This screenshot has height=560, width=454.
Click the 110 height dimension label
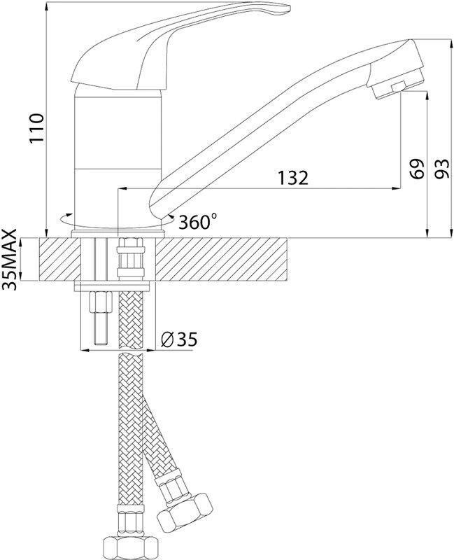pyautogui.click(x=37, y=127)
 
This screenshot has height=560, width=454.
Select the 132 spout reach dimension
pyautogui.click(x=292, y=178)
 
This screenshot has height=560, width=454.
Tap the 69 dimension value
pyautogui.click(x=417, y=168)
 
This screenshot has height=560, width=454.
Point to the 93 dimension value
pyautogui.click(x=443, y=168)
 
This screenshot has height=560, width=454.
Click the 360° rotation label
pyautogui.click(x=198, y=222)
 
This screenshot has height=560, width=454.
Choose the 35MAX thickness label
pyautogui.click(x=10, y=259)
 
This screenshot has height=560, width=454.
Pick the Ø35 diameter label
pyautogui.click(x=179, y=339)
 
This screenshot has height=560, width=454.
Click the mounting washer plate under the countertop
pyautogui.click(x=112, y=286)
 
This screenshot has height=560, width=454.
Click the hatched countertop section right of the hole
pyautogui.click(x=221, y=259)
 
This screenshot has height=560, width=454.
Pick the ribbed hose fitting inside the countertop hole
pyautogui.click(x=131, y=258)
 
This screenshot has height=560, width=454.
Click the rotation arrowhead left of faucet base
pyautogui.click(x=63, y=217)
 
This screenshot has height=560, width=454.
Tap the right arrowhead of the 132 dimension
pyautogui.click(x=396, y=188)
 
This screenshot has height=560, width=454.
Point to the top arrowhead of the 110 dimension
pyautogui.click(x=46, y=6)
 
